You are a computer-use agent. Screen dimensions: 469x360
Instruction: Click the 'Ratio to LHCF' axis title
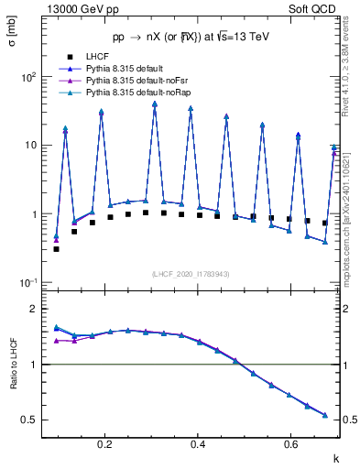(x=13, y=364)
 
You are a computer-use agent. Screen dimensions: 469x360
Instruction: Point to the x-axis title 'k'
(x=334, y=457)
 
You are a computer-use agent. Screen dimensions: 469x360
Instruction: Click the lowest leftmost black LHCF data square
(x=56, y=248)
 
